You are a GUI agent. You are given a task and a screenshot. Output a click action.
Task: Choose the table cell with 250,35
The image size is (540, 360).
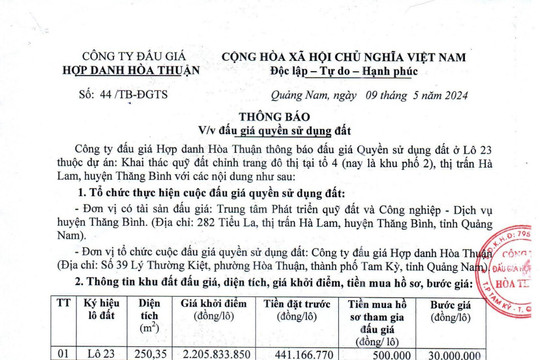(150, 352)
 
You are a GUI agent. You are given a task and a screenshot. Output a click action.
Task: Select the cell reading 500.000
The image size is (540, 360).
(387, 352)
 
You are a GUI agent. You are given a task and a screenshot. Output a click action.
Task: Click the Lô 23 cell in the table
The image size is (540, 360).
(102, 352)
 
